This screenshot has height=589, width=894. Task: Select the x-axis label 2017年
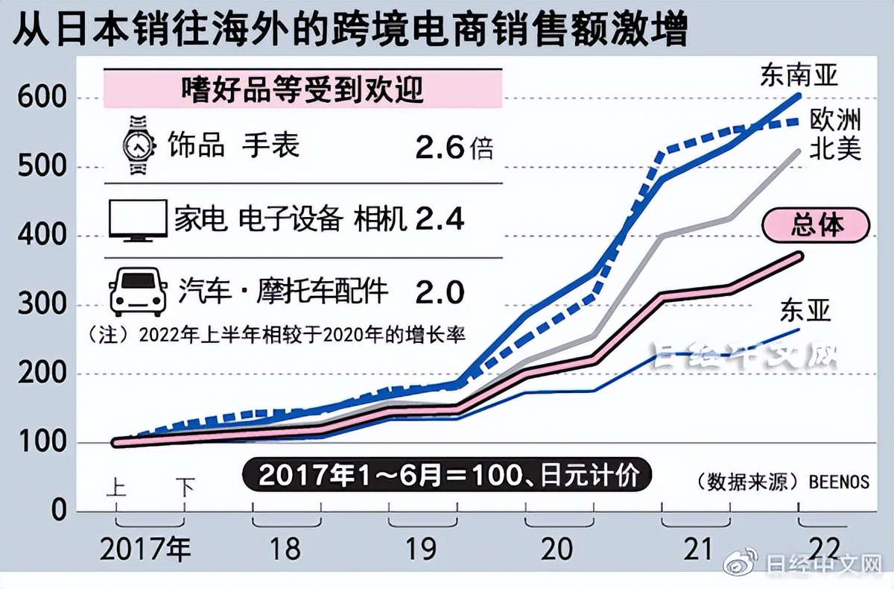145,549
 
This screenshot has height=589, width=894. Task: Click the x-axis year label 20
557,549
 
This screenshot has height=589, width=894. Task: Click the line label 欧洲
835,120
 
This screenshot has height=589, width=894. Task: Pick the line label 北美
835,148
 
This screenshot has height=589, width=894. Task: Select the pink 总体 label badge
817,225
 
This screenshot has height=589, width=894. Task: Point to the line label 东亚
805,310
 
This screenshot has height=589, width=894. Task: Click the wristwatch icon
137,145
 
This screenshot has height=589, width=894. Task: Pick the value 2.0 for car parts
439,292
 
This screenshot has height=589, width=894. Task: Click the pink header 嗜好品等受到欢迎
302,90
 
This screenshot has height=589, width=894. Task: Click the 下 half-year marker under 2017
184,488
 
